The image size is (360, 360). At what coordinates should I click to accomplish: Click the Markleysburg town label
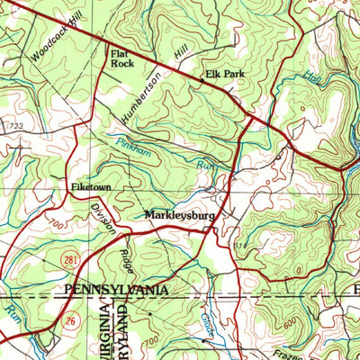pyautogui.click(x=176, y=216)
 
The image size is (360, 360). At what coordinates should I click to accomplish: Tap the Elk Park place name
pyautogui.click(x=225, y=77)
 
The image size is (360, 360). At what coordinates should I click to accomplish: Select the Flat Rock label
pyautogui.click(x=122, y=58)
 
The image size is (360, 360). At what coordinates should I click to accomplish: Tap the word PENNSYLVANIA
pyautogui.click(x=116, y=290)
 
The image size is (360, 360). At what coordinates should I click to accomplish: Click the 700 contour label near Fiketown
pyautogui.click(x=57, y=218)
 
